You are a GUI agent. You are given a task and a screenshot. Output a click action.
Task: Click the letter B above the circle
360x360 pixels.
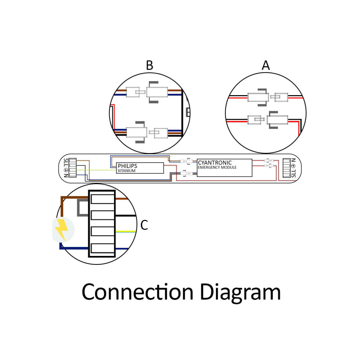tap(149, 65)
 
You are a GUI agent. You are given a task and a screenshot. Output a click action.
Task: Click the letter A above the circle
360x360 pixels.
tap(266, 65)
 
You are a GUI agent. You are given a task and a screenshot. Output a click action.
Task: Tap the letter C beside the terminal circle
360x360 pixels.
tap(144, 225)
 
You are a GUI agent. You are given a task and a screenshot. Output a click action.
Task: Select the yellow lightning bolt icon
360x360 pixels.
tap(62, 229)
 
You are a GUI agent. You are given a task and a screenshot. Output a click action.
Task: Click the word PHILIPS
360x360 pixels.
tap(127, 166)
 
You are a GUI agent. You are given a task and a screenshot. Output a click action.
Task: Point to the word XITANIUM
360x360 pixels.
tap(126, 171)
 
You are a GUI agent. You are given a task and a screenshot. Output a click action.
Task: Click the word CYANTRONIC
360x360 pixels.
tap(215, 162)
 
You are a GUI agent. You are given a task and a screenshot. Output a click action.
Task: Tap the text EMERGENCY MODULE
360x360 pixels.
tap(217, 168)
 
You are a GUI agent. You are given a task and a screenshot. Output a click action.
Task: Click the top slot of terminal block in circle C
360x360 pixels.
tap(102, 199)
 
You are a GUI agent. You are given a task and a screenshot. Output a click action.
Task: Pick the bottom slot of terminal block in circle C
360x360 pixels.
tap(102, 248)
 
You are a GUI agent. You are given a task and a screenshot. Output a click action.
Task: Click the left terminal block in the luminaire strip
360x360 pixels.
tap(72, 168)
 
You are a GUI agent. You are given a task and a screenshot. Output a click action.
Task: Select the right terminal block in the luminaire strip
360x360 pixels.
tap(286, 168)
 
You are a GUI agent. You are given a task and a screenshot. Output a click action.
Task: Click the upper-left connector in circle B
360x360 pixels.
tap(133, 92)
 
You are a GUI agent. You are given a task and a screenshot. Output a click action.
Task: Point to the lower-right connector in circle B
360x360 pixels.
tap(161, 133)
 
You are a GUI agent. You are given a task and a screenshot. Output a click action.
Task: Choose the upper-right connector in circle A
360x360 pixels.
tap(281, 97)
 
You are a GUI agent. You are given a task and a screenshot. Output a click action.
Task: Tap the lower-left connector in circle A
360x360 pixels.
tap(254, 120)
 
